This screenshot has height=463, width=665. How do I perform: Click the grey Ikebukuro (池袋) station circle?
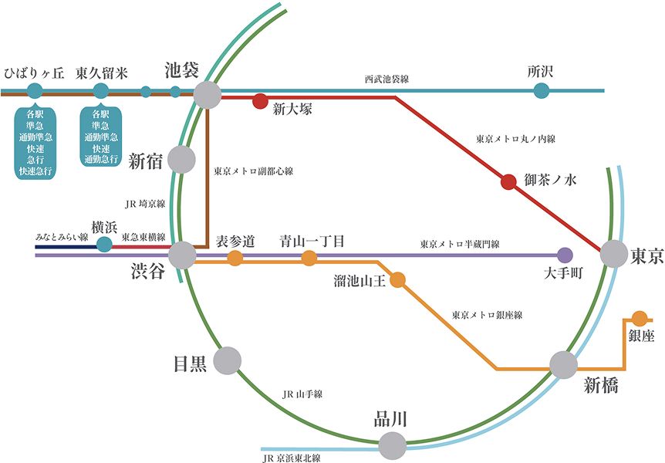point(208,95)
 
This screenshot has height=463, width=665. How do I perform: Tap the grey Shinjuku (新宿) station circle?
point(181,159)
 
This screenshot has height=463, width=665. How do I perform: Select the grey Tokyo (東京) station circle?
point(615,253)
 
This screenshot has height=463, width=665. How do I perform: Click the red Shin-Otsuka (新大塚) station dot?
point(261,100)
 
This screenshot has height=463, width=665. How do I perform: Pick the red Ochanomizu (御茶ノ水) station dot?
point(508,182)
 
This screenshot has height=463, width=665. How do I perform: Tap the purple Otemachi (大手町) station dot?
point(565,254)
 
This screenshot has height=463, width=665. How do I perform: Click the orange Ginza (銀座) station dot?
point(640,317)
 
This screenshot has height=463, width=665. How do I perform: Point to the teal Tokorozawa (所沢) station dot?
point(542,91)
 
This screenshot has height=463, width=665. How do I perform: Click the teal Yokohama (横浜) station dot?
point(104,245)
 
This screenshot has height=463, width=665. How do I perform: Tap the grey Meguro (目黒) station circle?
point(228,360)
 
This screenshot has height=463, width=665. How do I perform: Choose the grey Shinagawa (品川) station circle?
point(392,444)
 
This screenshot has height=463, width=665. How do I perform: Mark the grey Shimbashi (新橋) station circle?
point(564,364)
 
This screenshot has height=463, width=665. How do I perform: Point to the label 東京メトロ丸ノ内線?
point(516,139)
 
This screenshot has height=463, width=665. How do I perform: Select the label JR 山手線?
point(302,394)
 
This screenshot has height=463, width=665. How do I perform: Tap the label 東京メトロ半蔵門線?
point(460,244)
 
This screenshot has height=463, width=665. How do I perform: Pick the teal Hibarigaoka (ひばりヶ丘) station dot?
point(35,91)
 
